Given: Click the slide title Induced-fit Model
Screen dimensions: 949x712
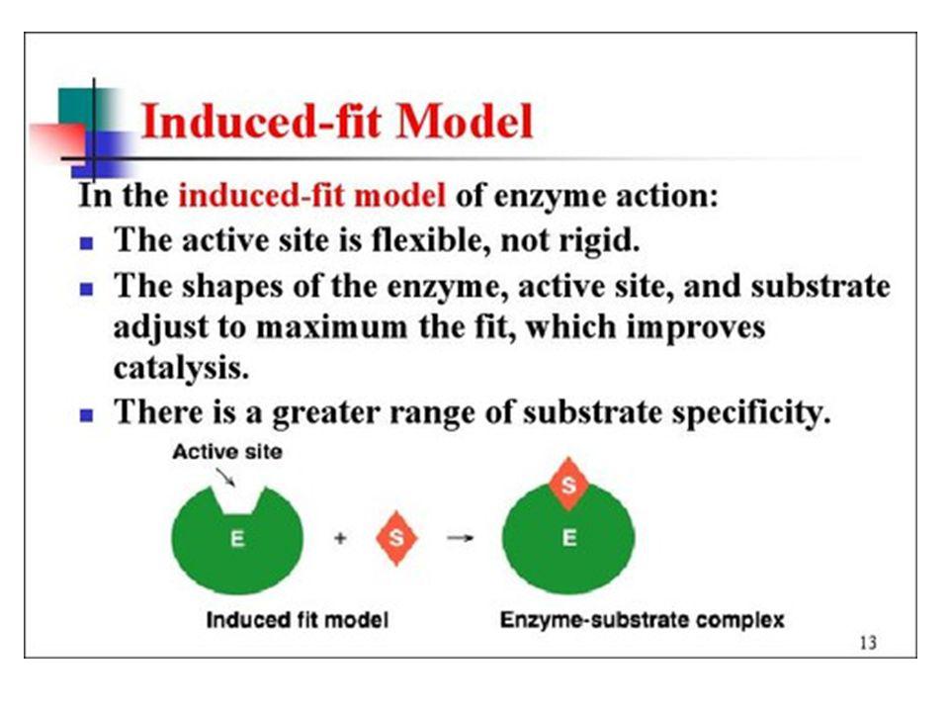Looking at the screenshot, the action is [x=336, y=121].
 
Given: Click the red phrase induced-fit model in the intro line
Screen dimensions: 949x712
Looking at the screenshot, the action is [x=311, y=196].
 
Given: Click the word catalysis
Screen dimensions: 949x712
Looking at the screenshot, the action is [x=181, y=367].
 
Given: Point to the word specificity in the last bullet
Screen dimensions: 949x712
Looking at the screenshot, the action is [x=751, y=413].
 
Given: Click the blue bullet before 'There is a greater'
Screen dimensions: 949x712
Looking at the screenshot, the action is [x=87, y=415].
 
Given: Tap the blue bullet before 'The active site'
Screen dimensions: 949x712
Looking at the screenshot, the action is [x=87, y=243].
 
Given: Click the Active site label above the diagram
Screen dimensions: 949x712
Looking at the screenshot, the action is [x=227, y=452].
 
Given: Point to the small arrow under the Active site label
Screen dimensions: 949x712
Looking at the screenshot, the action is [x=225, y=478].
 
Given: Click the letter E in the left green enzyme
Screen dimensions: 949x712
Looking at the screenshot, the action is [x=237, y=538].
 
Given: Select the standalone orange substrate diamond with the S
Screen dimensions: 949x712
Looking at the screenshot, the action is [x=396, y=538].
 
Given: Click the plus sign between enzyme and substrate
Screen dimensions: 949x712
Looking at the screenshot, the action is [x=340, y=538].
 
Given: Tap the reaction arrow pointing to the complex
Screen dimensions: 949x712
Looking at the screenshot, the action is [x=460, y=538].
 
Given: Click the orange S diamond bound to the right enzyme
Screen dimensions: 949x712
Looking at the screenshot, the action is [x=568, y=484].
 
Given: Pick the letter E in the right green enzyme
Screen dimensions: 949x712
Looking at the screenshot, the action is [x=569, y=538].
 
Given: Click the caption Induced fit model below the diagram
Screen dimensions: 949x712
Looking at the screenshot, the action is [x=298, y=620].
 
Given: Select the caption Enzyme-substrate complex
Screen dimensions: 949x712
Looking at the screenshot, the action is [x=643, y=621].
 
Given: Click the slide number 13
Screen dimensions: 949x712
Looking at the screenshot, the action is [x=868, y=643].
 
